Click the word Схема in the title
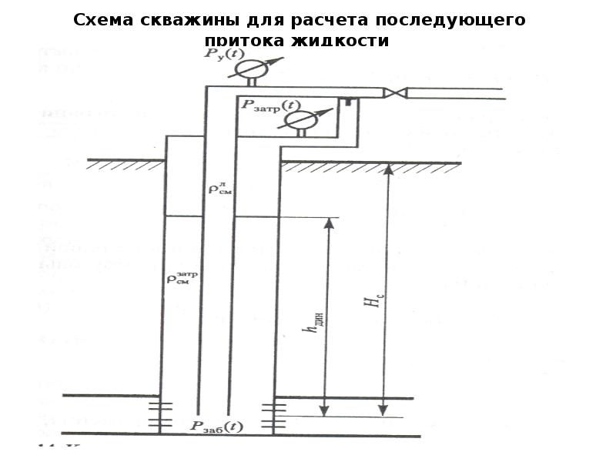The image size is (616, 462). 102,20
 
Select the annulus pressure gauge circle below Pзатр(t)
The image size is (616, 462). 301,120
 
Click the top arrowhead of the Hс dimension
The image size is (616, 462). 388,168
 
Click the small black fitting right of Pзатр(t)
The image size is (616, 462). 348,101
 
